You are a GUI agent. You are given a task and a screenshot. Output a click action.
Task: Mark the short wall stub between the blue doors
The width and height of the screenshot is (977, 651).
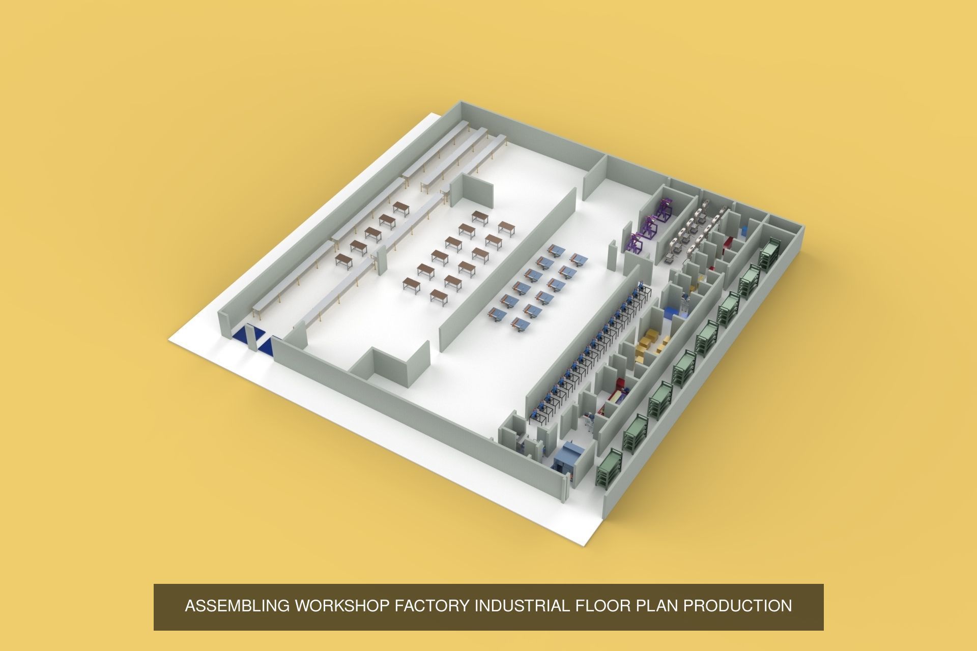pyautogui.click(x=251, y=337)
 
